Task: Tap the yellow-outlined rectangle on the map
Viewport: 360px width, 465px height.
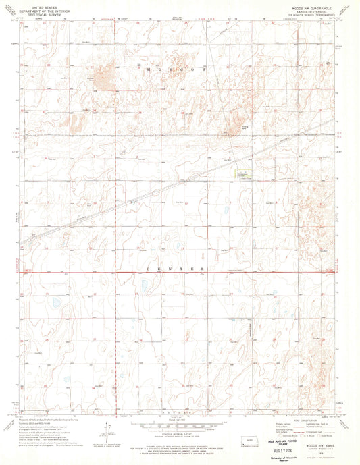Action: pos(245,175)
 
